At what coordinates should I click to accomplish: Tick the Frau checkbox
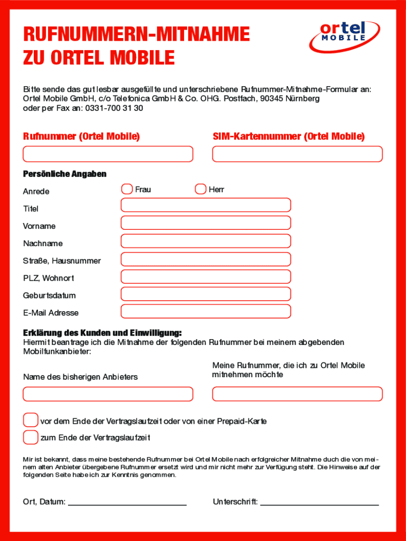tap(127, 189)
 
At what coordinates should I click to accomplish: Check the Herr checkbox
tap(200, 189)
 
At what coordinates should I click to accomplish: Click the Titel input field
tap(206, 205)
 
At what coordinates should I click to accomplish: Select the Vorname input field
tap(206, 223)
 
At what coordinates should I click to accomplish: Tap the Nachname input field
tap(206, 241)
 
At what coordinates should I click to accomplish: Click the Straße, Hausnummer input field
tap(206, 259)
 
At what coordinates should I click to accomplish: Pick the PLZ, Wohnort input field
tap(206, 276)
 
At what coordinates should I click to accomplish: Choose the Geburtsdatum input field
tap(206, 294)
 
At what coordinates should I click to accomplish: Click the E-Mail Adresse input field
tap(206, 312)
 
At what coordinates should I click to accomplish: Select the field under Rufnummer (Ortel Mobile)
tap(108, 154)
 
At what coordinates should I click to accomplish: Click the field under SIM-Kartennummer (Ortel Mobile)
tap(297, 154)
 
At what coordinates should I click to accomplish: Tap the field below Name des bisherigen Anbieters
tap(108, 394)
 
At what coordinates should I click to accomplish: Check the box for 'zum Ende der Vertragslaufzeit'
tap(31, 437)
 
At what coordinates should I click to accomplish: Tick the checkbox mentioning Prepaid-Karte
tap(31, 421)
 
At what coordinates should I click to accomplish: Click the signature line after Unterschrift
tap(320, 504)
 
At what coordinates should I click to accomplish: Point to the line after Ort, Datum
tap(127, 504)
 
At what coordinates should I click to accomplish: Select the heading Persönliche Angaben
tap(64, 174)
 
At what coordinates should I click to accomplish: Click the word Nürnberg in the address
tap(303, 99)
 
